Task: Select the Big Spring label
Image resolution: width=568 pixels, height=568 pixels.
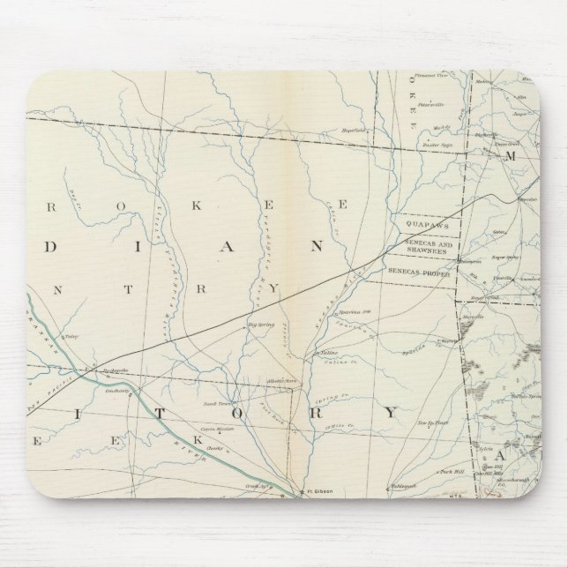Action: coord(263,324)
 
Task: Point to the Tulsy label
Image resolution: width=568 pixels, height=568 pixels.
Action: coord(72,337)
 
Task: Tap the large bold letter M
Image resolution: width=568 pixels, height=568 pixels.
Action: coord(508,155)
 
